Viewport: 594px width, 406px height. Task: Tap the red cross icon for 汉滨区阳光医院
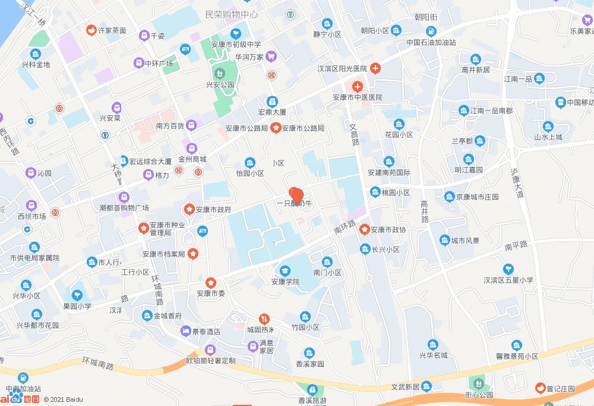coord(375,68)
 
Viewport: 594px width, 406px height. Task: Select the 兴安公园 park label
coord(220,84)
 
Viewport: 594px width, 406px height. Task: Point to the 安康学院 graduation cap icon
coord(286,270)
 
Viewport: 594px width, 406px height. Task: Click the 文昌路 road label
coord(354,135)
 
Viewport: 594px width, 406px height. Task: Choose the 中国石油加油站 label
coord(431,43)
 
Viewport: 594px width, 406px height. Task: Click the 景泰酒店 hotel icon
coord(186,331)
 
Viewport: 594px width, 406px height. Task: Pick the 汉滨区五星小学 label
coord(508,280)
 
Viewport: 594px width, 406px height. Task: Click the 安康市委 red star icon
coord(210,282)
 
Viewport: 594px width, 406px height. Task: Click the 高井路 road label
coord(425,211)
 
